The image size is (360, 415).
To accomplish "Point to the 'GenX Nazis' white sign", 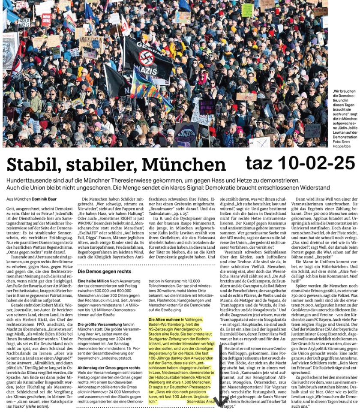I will [x=24, y=22].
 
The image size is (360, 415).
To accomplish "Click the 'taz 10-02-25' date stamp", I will [x=300, y=163].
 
